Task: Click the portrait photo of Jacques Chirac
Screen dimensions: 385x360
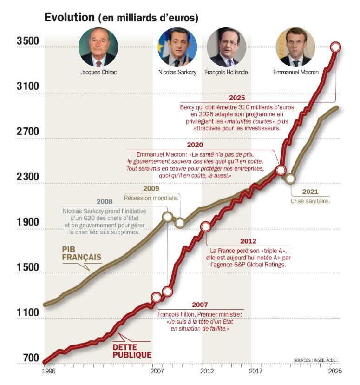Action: [x=98, y=47]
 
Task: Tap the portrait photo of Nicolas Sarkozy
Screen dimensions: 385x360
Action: [x=177, y=47]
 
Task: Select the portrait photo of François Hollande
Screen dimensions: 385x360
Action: [x=226, y=47]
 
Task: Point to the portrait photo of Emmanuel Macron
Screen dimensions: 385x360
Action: [x=295, y=47]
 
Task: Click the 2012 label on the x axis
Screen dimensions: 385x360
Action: [x=207, y=372]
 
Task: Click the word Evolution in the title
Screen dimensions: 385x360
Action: [x=69, y=18]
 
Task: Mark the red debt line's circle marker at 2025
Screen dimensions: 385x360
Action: [x=335, y=47]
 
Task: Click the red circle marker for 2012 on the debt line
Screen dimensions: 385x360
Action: [x=205, y=227]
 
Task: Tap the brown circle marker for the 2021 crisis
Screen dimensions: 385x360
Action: [x=291, y=179]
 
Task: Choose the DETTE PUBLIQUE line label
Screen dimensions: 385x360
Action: [x=132, y=351]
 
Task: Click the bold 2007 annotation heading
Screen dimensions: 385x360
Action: [x=199, y=305]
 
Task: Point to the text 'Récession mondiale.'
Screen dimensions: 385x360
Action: [x=151, y=198]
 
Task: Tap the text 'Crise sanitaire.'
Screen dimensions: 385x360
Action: [x=310, y=201]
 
